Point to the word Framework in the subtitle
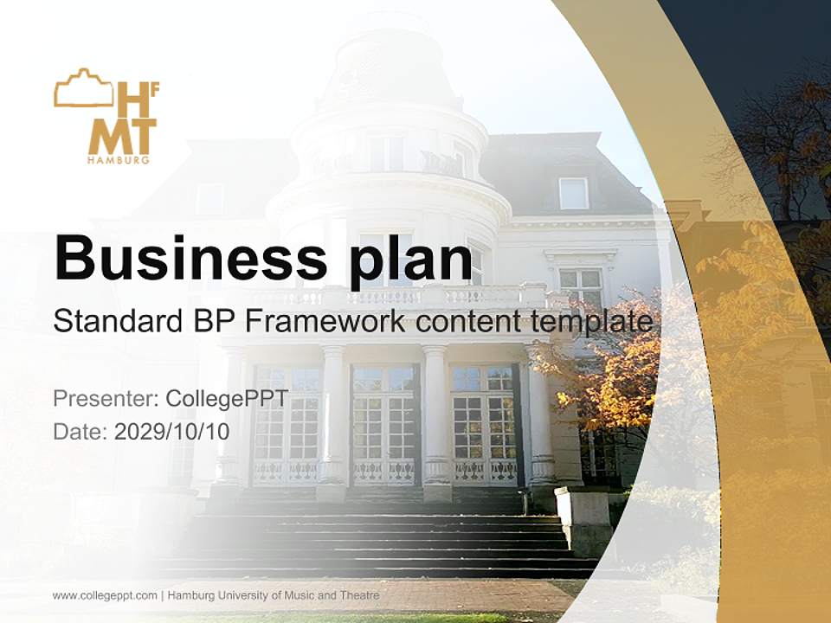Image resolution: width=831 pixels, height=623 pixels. point(325,321)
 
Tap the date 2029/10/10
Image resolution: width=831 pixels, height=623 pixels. point(171,431)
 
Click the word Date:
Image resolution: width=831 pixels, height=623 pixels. point(81,431)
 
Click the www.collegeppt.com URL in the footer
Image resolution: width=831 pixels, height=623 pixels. point(105,595)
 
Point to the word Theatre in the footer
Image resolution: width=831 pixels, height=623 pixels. point(358,595)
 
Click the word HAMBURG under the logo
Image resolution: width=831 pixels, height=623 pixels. point(119,160)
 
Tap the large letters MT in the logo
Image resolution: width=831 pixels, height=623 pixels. point(122,136)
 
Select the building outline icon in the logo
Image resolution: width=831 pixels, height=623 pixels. point(83,88)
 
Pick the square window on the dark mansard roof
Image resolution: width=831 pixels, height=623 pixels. point(573,193)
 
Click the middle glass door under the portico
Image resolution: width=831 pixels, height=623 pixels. point(384,424)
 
